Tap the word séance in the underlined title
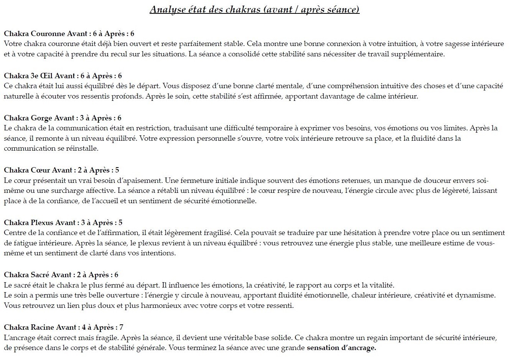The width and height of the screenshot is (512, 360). (344, 9)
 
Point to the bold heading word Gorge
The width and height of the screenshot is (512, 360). (41, 118)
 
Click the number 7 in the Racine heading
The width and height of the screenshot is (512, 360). (121, 327)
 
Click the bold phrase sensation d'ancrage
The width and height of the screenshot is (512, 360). (341, 348)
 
